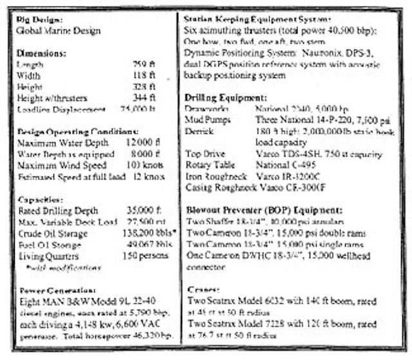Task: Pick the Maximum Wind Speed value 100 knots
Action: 137,166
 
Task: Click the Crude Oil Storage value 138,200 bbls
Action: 142,233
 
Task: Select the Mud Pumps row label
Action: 205,120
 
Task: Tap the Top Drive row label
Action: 204,155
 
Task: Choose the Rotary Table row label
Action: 208,166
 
